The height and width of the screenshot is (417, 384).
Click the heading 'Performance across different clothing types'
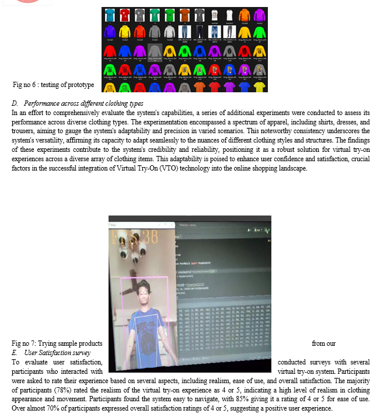coord(83,103)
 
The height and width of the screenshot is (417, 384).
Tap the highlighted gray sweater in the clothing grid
coord(154,51)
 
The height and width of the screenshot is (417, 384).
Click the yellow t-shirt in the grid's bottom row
coord(260,87)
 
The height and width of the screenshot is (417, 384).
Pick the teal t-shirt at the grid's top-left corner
coord(109,14)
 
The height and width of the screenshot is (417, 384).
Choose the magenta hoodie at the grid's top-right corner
coord(260,14)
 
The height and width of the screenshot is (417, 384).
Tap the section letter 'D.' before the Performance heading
coord(15,103)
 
